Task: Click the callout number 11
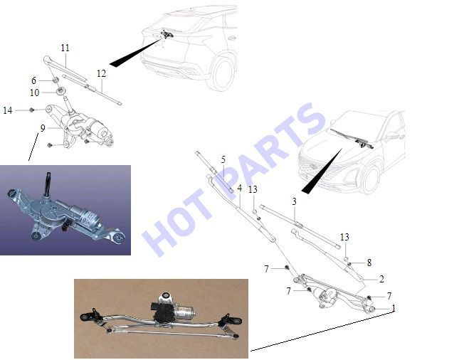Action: [65, 48]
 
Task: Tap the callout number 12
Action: [101, 73]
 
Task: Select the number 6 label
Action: [33, 80]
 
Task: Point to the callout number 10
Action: [34, 92]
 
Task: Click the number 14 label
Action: [8, 110]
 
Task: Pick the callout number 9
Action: [43, 128]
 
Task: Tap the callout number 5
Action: [223, 160]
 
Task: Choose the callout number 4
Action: [239, 188]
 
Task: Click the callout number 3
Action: [294, 201]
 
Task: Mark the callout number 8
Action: [369, 263]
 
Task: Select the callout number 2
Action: [381, 279]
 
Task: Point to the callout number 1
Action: [394, 308]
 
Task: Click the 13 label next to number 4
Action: [253, 189]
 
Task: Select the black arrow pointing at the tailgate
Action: [135, 52]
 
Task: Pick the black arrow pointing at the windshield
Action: [322, 171]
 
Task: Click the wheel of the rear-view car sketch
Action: [223, 73]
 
